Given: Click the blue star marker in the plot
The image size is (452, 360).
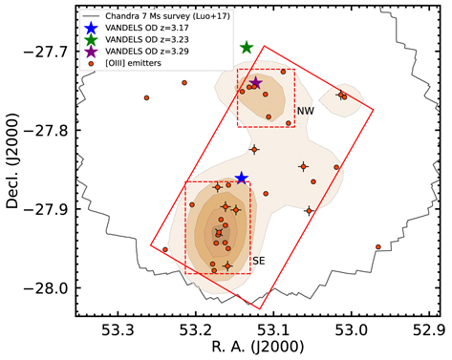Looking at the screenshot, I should point(242,178).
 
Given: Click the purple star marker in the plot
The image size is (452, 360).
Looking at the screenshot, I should point(255,83).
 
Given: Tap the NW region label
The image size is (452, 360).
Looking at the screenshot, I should point(306,112).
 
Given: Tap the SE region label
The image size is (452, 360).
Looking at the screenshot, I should point(258,261).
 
